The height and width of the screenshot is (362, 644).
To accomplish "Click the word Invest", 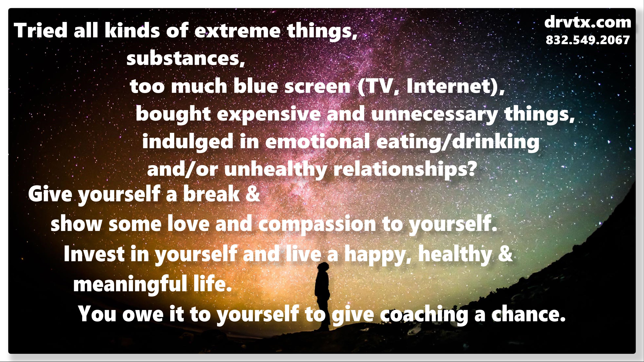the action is click(x=94, y=253).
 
